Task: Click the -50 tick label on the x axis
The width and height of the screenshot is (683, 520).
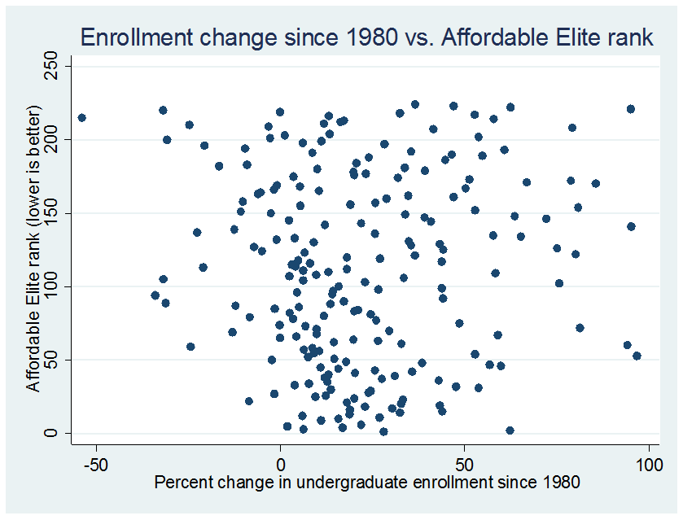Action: (x=96, y=465)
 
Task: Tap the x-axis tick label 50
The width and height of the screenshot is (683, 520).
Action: (x=464, y=465)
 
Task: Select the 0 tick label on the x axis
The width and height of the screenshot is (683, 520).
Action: (x=280, y=465)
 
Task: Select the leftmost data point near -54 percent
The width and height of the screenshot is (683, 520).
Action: (x=81, y=118)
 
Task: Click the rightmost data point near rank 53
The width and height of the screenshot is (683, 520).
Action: (x=637, y=356)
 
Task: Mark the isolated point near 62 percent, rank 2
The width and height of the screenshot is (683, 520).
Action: (x=510, y=430)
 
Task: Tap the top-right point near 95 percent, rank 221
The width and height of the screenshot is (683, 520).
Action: (x=630, y=109)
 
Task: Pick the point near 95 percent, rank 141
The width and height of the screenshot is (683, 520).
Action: (x=631, y=226)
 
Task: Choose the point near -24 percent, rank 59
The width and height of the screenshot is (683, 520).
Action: (x=190, y=347)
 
